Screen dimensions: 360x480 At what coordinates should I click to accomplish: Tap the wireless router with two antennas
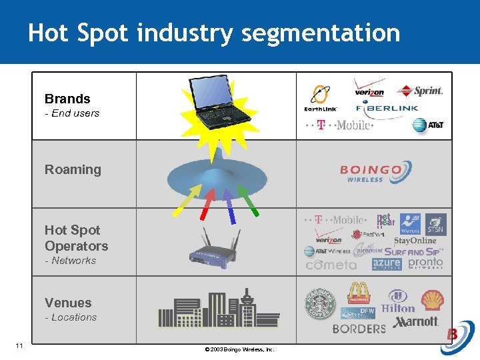(215, 247)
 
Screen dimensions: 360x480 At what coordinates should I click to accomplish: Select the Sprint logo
(420, 91)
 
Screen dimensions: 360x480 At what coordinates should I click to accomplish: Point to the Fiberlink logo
(387, 107)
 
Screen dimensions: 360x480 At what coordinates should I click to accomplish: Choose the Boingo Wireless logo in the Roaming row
(372, 173)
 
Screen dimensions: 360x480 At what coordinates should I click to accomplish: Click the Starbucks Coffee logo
(319, 303)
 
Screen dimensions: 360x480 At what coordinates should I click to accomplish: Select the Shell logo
(432, 301)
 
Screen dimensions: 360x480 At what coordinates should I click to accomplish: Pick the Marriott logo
(416, 322)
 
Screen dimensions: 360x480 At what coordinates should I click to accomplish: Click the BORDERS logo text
(359, 328)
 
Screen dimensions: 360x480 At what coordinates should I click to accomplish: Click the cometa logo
(331, 265)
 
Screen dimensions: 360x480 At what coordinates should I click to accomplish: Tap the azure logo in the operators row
(387, 264)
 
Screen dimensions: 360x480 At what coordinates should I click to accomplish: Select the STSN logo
(435, 225)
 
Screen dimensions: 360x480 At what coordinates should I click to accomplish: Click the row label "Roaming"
(73, 169)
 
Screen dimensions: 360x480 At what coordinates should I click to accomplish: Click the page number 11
(19, 345)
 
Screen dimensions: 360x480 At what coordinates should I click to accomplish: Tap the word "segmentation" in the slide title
(321, 33)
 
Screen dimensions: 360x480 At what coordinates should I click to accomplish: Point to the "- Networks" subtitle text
(70, 261)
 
